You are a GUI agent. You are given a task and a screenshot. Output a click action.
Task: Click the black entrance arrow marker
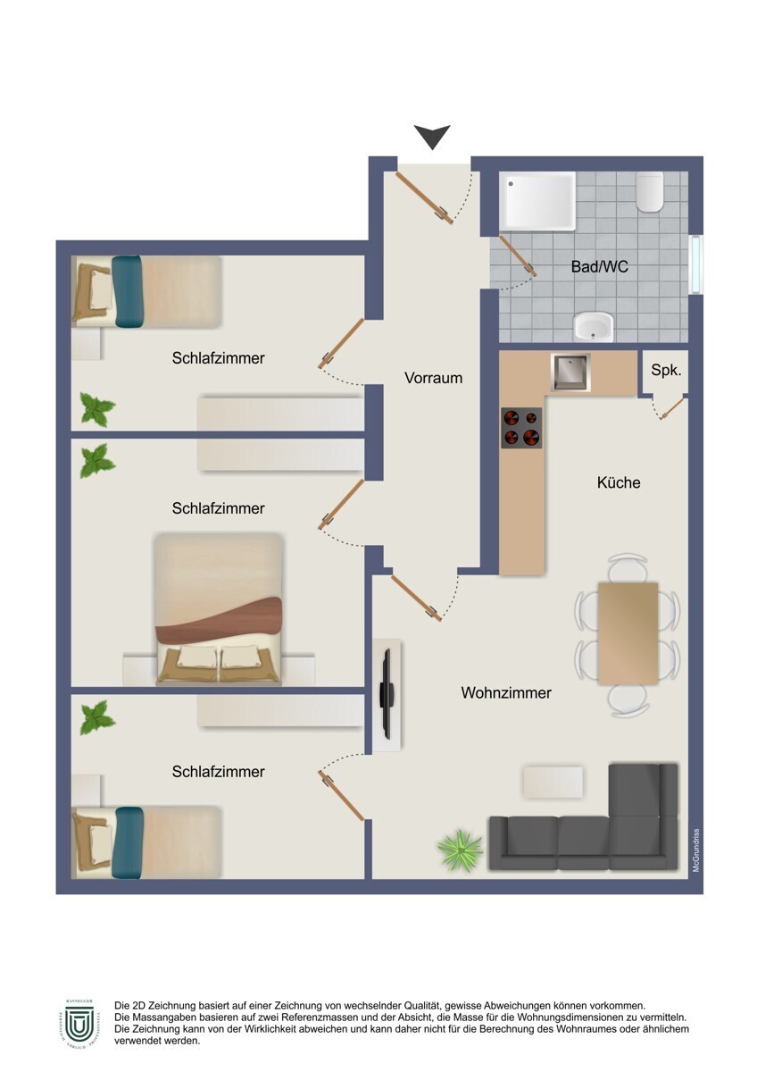(x=433, y=137)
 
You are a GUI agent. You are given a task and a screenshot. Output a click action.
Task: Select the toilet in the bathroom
(x=650, y=191)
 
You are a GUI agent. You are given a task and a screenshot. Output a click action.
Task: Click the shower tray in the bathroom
(x=537, y=201)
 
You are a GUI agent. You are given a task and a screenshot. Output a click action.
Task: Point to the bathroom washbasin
(x=594, y=327)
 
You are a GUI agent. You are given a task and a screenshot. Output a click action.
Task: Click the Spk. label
(x=665, y=369)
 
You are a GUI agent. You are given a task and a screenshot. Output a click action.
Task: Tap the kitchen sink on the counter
(x=570, y=373)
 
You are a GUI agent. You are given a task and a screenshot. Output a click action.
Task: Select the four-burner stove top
(x=521, y=428)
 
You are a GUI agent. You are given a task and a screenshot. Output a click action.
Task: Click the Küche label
(x=619, y=482)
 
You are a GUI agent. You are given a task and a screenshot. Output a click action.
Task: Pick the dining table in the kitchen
(x=628, y=632)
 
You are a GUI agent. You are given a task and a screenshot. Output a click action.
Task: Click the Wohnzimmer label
(x=506, y=692)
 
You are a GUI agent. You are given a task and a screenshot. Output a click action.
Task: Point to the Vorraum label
(x=433, y=378)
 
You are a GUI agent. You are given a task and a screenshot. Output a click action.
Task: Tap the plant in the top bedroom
(x=97, y=409)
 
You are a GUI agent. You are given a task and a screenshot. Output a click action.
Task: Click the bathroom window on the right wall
(x=696, y=264)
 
